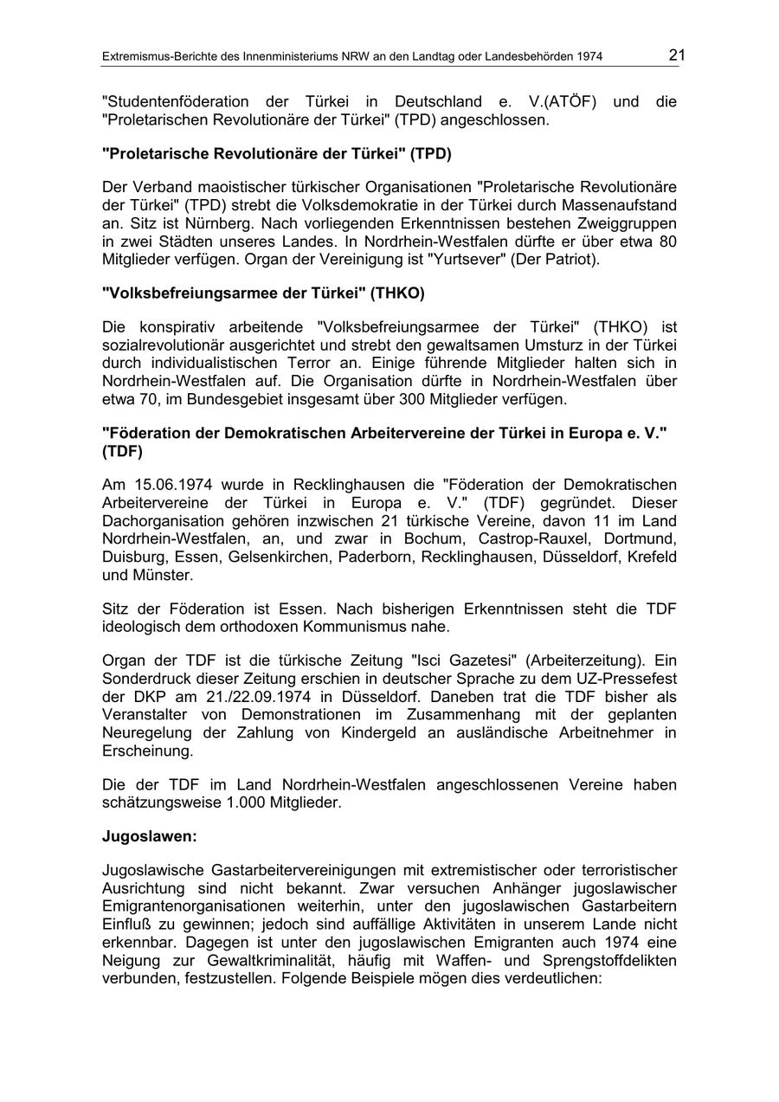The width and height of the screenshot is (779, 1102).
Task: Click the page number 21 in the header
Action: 676,55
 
